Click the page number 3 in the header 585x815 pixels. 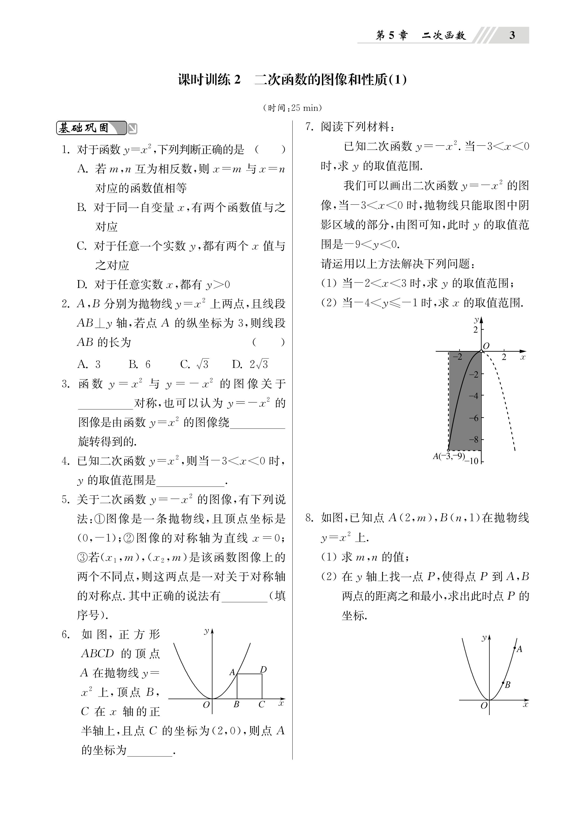[x=512, y=35]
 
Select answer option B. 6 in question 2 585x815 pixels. [x=139, y=364]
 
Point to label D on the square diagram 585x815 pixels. [x=263, y=669]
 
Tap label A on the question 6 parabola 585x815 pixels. [x=232, y=672]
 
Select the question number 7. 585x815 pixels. [x=310, y=127]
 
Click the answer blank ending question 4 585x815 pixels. [x=191, y=481]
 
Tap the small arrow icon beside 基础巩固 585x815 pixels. [x=133, y=128]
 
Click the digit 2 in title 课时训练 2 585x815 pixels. [x=237, y=80]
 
